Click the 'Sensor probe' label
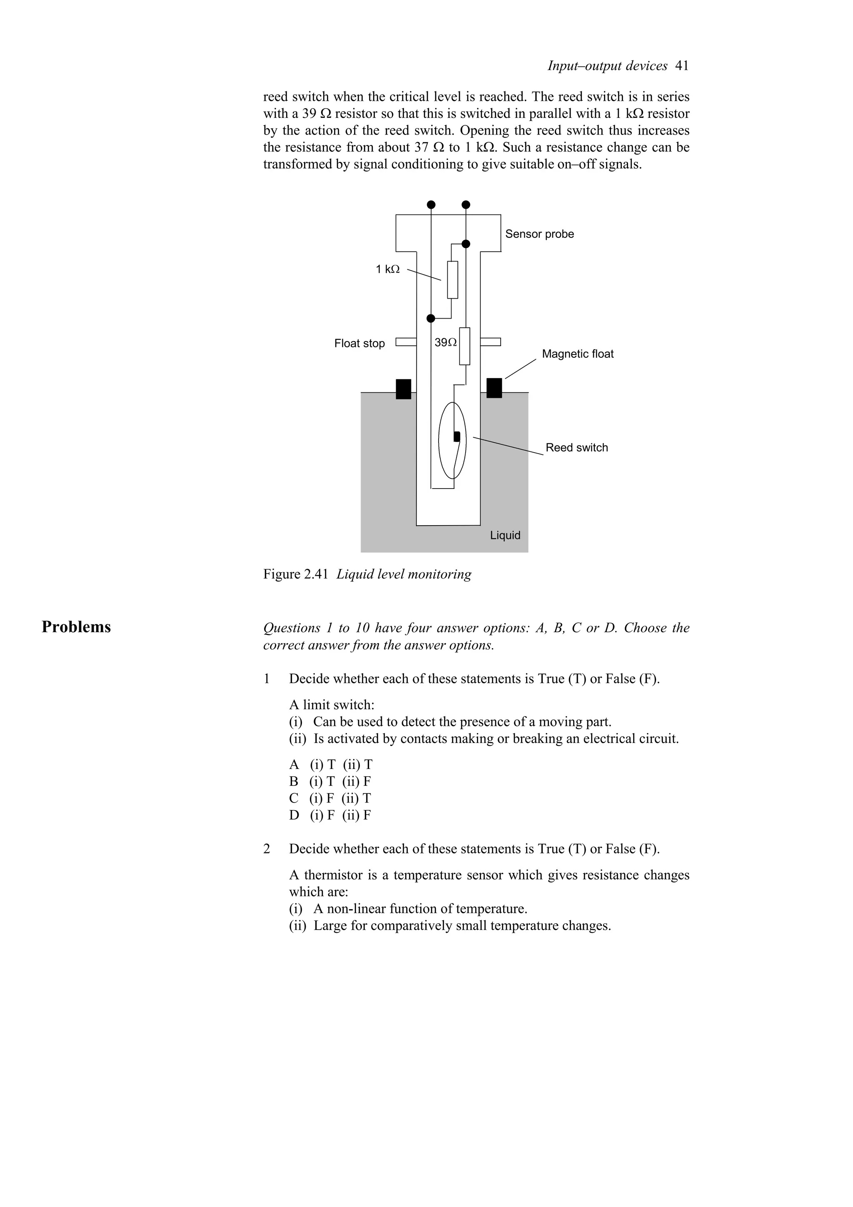tap(539, 234)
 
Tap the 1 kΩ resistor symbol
tap(452, 279)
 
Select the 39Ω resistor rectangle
tap(464, 346)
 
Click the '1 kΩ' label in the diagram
tap(387, 269)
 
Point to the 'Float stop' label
tap(359, 343)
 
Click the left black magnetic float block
tap(403, 389)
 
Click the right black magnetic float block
tap(494, 388)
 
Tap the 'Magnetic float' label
tap(578, 354)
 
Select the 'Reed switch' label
tap(576, 447)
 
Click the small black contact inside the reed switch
tap(457, 436)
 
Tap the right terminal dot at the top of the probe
tap(466, 204)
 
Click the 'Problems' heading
tap(76, 627)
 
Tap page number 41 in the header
tap(682, 66)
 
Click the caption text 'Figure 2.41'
tap(296, 574)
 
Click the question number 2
tap(267, 848)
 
